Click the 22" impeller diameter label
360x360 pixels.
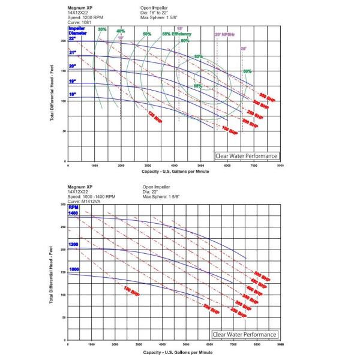[x=72, y=38]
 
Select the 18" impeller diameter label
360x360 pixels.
[x=72, y=94]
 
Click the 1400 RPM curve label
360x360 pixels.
[x=73, y=214]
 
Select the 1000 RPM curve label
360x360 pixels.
[x=73, y=269]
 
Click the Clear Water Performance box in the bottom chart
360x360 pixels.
[x=245, y=334]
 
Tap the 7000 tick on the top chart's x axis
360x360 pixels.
[x=254, y=166]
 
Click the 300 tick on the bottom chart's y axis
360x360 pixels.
[x=63, y=205]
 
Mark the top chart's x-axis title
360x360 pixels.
[x=174, y=172]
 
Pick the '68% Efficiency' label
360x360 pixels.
[x=176, y=34]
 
